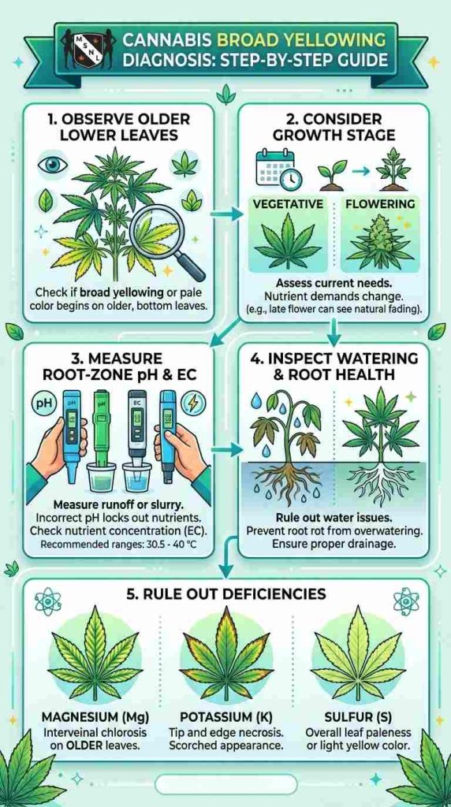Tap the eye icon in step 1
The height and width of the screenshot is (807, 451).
50,165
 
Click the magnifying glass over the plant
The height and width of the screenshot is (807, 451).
164,243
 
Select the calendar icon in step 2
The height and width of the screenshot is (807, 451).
270,168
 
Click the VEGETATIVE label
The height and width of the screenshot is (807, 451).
288,204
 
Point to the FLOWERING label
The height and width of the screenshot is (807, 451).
380,204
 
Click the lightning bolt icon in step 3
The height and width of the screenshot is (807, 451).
194,402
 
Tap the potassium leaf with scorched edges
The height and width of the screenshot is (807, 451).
225,654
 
